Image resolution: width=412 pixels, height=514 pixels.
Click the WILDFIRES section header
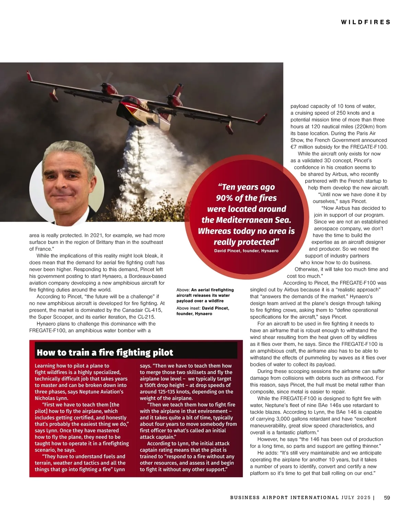coord(366,22)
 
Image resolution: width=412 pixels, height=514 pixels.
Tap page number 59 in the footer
coord(387,497)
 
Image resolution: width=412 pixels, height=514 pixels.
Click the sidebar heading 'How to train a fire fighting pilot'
coord(105,352)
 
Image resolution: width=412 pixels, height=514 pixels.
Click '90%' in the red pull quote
coord(225,198)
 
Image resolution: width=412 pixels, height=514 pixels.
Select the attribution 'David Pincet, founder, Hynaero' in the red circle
coord(246,251)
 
